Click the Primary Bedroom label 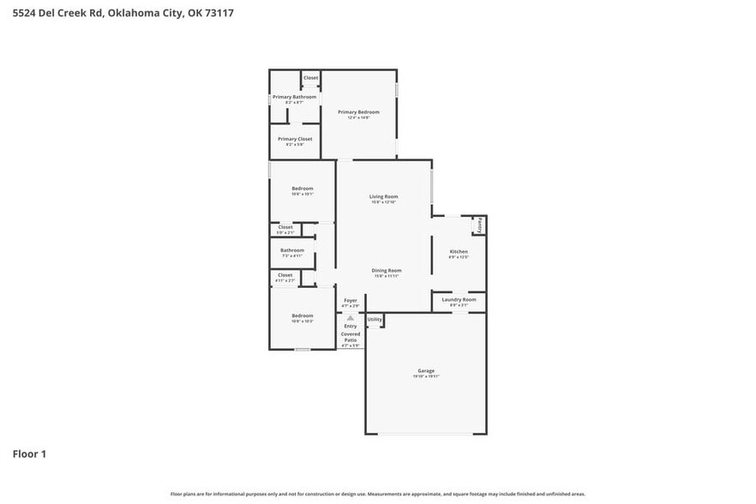(x=358, y=112)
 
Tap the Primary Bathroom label (x=294, y=97)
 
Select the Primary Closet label (x=294, y=139)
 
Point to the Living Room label (x=383, y=197)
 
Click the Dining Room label (x=387, y=271)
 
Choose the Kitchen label (x=459, y=252)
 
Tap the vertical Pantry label (x=480, y=225)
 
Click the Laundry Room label (x=459, y=300)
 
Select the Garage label (x=426, y=371)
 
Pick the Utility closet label (x=375, y=320)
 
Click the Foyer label (x=350, y=301)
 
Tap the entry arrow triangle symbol (x=350, y=317)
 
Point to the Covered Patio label (x=350, y=337)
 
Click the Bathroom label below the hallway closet (x=291, y=250)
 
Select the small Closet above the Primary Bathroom (x=310, y=78)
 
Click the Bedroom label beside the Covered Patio (x=302, y=315)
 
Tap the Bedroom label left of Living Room (x=302, y=189)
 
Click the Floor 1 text (x=29, y=453)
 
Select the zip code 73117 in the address (x=219, y=13)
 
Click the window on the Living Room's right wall (x=431, y=184)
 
